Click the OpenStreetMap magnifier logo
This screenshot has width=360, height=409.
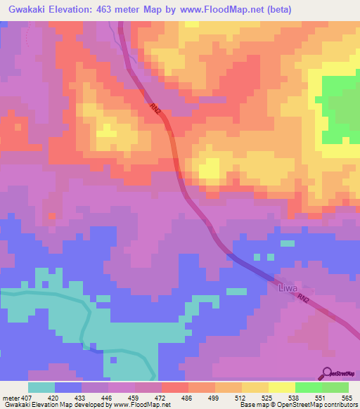coord(327,372)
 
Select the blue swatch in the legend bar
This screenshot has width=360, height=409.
coord(68,387)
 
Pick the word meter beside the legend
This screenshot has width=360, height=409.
coord(9,397)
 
